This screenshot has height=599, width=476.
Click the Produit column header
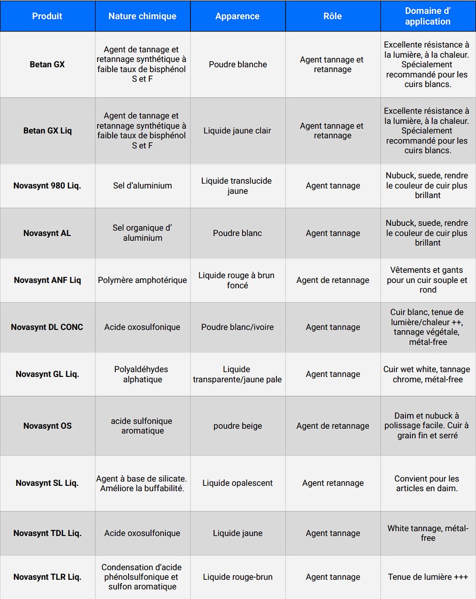47,16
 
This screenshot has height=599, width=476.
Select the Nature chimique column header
142,16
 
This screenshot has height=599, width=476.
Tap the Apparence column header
237,16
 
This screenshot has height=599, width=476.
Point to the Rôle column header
332,16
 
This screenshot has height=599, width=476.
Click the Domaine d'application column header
427,16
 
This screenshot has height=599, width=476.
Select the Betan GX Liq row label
47,131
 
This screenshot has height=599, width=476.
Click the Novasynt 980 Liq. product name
47,186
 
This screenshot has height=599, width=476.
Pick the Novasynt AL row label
47,233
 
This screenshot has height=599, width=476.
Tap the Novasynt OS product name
47,426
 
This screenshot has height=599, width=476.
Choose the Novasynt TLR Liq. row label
47,577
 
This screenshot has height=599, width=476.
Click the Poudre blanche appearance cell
237,65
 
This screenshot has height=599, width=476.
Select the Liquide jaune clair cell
237,131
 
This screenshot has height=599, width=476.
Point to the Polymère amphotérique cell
142,280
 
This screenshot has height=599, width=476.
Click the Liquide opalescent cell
237,483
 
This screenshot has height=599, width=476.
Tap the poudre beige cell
237,426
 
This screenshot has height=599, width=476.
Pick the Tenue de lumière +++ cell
427,577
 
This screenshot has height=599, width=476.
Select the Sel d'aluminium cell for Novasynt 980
142,186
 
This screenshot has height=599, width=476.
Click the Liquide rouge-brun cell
237,577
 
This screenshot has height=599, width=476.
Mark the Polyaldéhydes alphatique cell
142,374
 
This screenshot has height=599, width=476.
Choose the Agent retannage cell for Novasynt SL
332,483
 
